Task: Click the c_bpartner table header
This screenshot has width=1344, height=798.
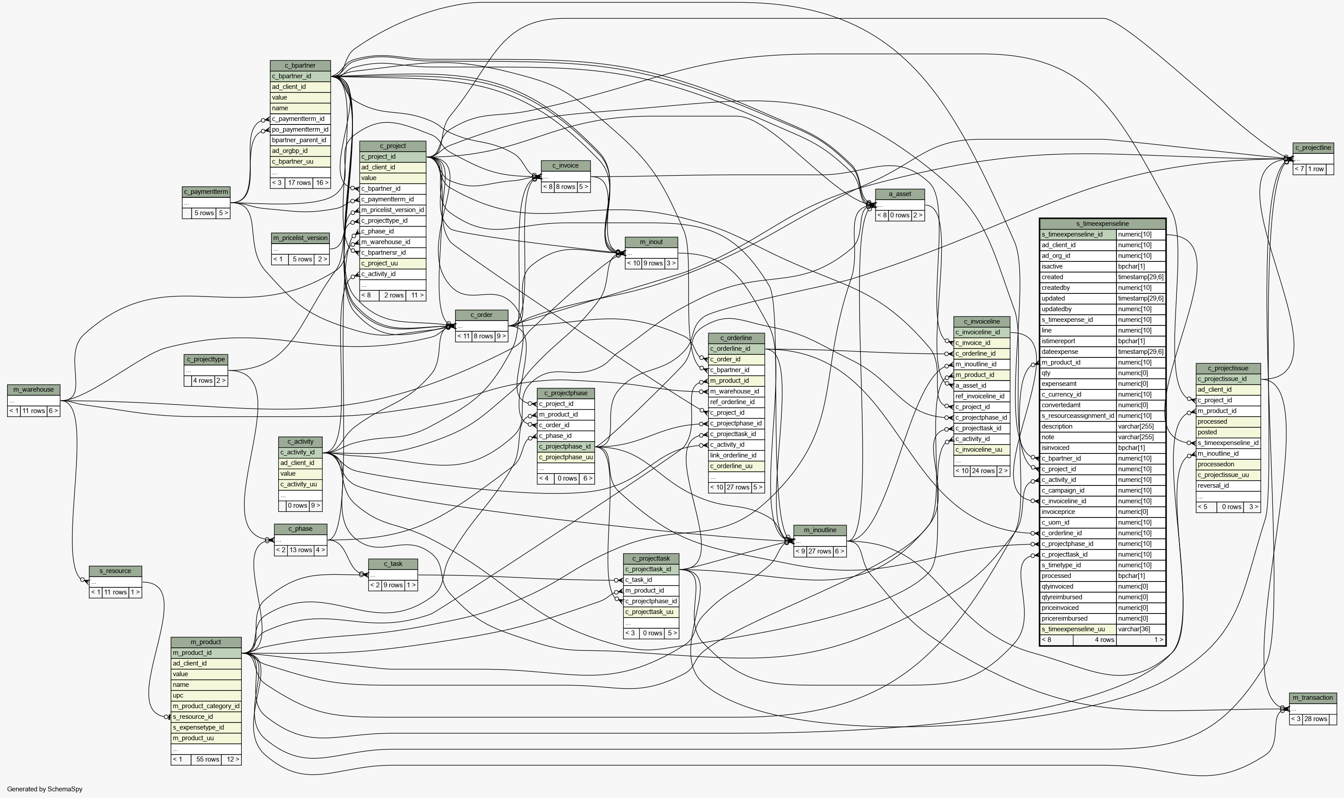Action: (300, 66)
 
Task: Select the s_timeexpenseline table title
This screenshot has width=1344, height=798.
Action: (1102, 224)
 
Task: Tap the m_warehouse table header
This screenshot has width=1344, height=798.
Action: (33, 390)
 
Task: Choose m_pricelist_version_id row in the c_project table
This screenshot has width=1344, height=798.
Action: (392, 210)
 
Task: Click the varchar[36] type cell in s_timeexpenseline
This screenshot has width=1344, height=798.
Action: (1141, 629)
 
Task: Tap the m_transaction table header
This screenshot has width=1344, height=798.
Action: (1313, 698)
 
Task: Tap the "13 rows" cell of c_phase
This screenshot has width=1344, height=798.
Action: (301, 550)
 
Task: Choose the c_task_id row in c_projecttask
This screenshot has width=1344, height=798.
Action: (651, 580)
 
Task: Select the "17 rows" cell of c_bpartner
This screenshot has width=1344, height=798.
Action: (300, 183)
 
